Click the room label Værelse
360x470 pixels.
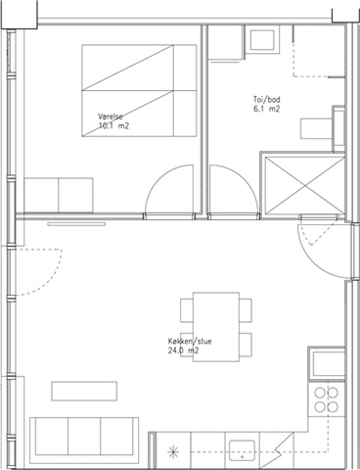(x=111, y=117)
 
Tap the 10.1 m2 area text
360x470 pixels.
(x=113, y=126)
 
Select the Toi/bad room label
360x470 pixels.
(x=266, y=100)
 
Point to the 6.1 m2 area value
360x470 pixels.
(x=266, y=109)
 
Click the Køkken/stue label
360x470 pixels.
(x=190, y=342)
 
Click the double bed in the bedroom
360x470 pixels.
(x=139, y=90)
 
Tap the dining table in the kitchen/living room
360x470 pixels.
(x=216, y=327)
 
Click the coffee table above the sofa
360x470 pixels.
(x=84, y=391)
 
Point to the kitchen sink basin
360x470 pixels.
(x=242, y=450)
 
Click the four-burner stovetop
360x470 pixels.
(x=326, y=399)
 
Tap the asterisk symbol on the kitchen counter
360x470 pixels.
(x=173, y=452)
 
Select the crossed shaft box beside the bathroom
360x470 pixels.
(x=304, y=185)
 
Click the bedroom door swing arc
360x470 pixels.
(x=156, y=176)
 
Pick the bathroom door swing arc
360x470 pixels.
(x=247, y=177)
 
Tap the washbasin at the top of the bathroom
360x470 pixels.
(x=262, y=40)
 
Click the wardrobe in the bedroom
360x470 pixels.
(x=59, y=195)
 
